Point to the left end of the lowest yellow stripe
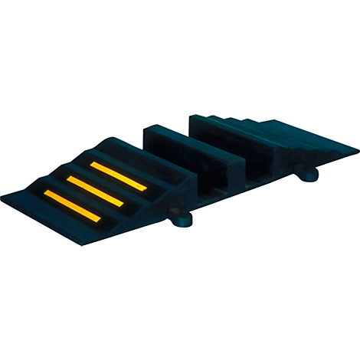pos(47,194)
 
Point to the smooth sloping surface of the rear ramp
pos(306,138)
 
